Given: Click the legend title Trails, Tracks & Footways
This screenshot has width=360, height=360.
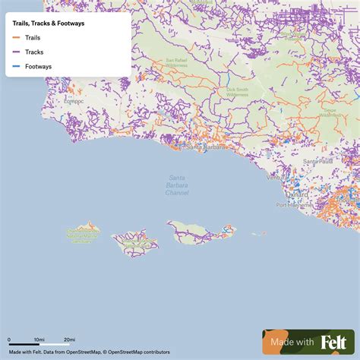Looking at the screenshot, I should tap(49, 23).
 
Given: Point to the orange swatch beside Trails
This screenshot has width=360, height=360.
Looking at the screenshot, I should tap(17, 37).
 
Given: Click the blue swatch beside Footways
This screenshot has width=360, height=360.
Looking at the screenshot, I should tap(17, 66).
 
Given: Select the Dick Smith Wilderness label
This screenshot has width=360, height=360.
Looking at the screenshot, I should tap(236, 92).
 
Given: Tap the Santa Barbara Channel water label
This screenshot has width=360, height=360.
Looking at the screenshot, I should tap(178, 185).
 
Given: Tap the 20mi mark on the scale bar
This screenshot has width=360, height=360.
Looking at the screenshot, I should tap(69, 339).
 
